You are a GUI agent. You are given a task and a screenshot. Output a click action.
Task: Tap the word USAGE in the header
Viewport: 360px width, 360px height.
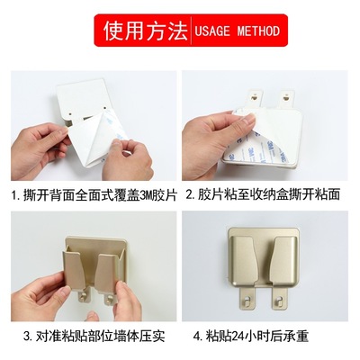click(216, 31)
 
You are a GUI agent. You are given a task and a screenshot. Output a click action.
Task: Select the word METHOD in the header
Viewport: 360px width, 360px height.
click(260, 31)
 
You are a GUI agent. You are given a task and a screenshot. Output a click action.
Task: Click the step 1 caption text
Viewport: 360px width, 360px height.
click(89, 193)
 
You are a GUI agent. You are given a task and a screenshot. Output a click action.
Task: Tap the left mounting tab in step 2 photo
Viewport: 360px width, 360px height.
click(256, 94)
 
